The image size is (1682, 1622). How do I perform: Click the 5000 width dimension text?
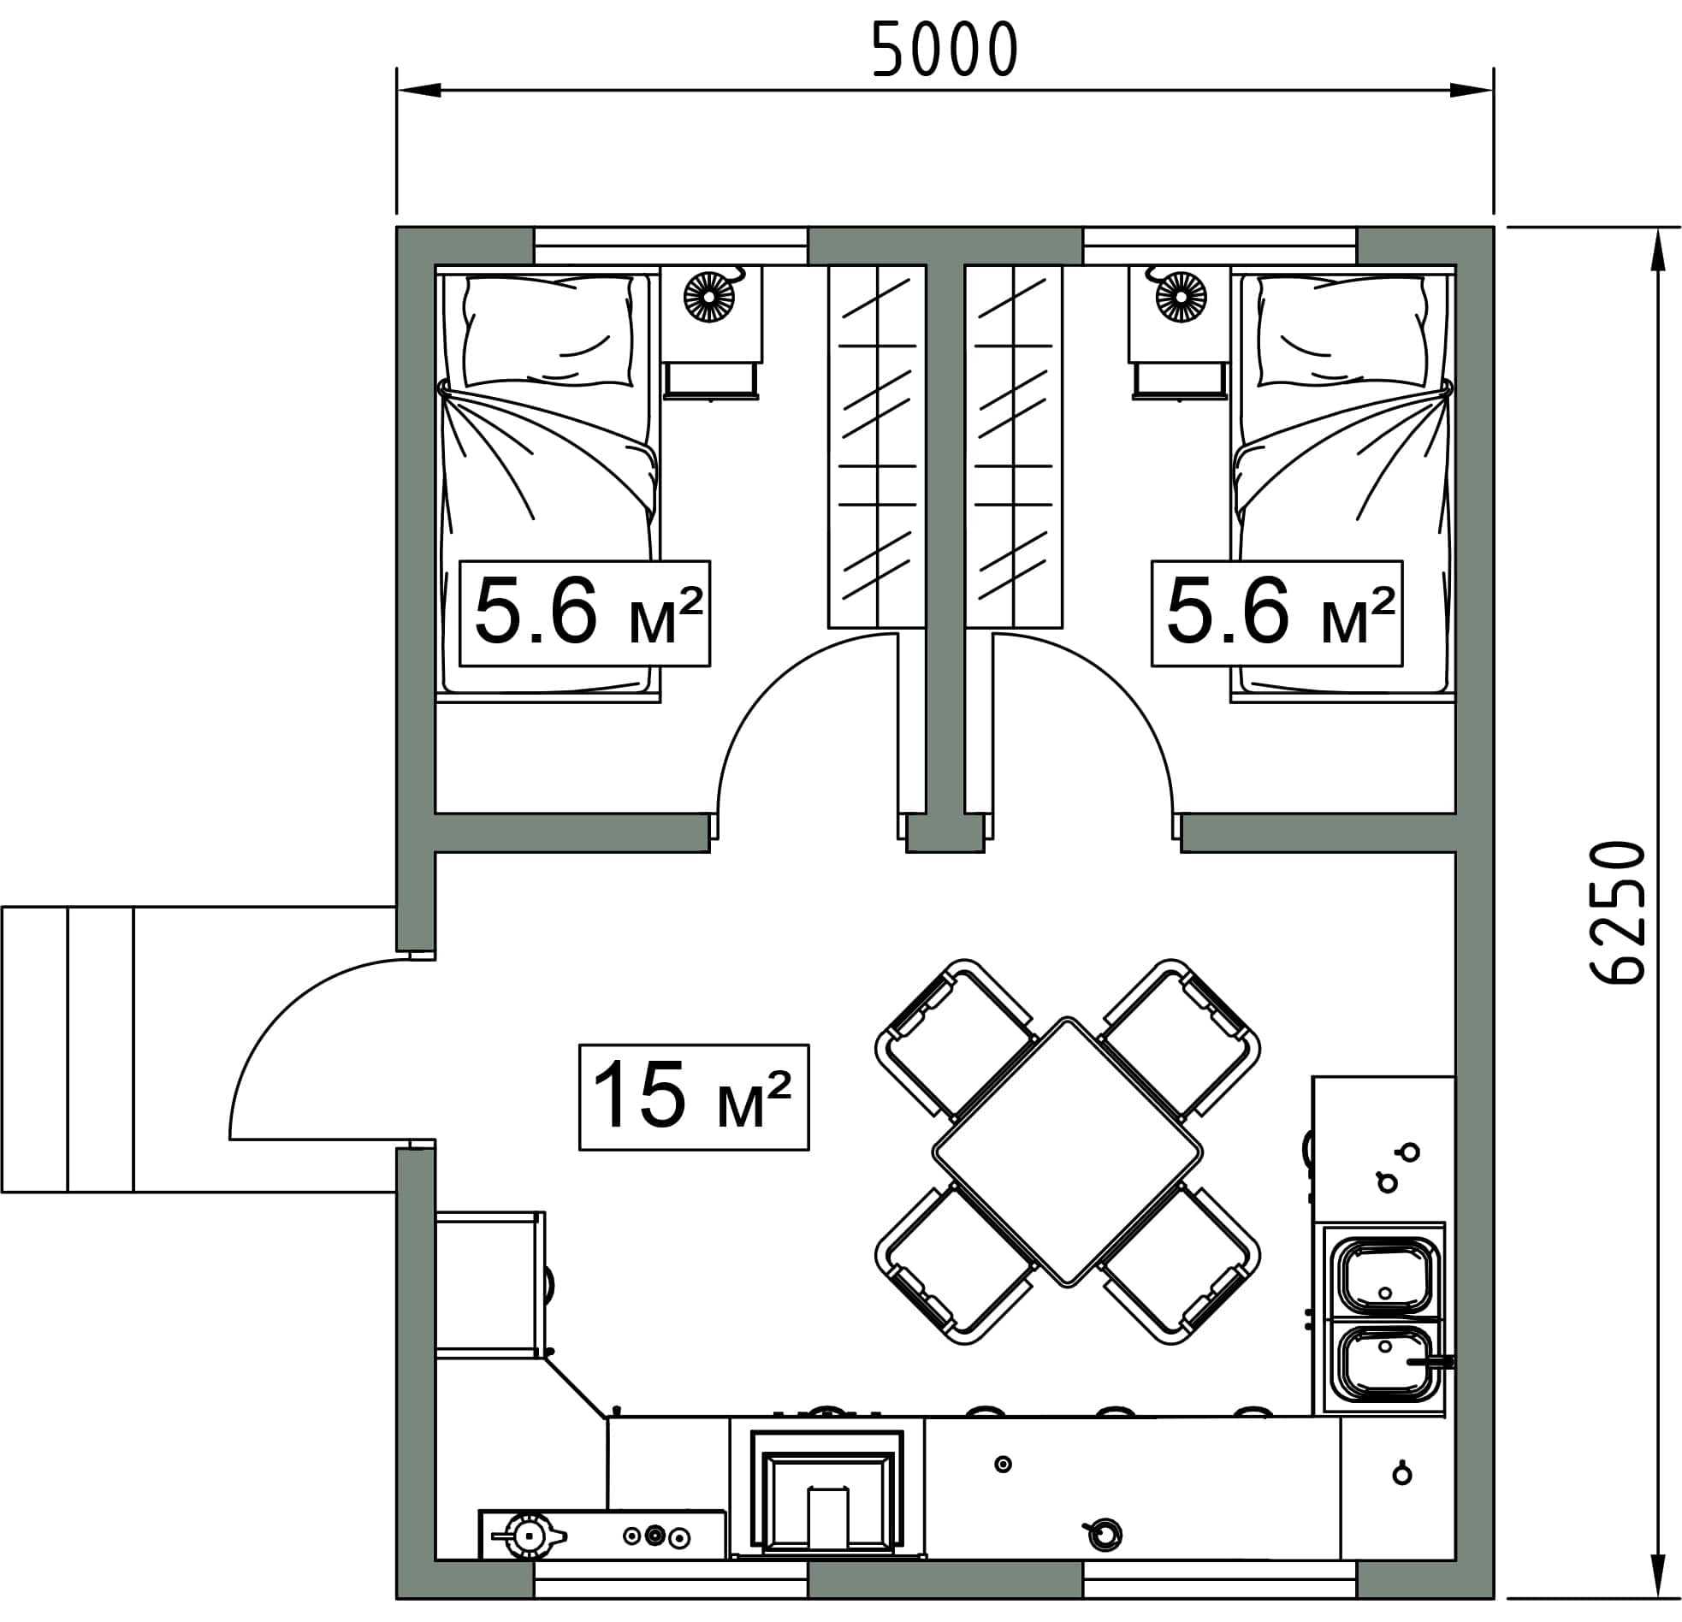pos(944,49)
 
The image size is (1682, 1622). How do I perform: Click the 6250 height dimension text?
pos(1618,911)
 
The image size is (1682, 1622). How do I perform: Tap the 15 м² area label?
pos(693,1096)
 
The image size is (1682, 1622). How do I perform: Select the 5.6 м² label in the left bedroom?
pos(584,613)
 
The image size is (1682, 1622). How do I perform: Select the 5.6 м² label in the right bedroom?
pos(1277,613)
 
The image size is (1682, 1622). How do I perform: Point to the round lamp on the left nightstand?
pos(709,297)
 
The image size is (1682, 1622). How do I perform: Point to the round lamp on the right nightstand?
pos(1181,297)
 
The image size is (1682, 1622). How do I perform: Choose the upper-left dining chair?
pos(954,1039)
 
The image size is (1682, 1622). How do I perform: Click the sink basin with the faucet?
pos(1388,1370)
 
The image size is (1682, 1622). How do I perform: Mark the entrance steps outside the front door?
pos(68,1050)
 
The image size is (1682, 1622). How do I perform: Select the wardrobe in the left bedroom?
pos(877,447)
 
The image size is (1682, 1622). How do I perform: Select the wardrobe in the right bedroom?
pos(1014,447)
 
